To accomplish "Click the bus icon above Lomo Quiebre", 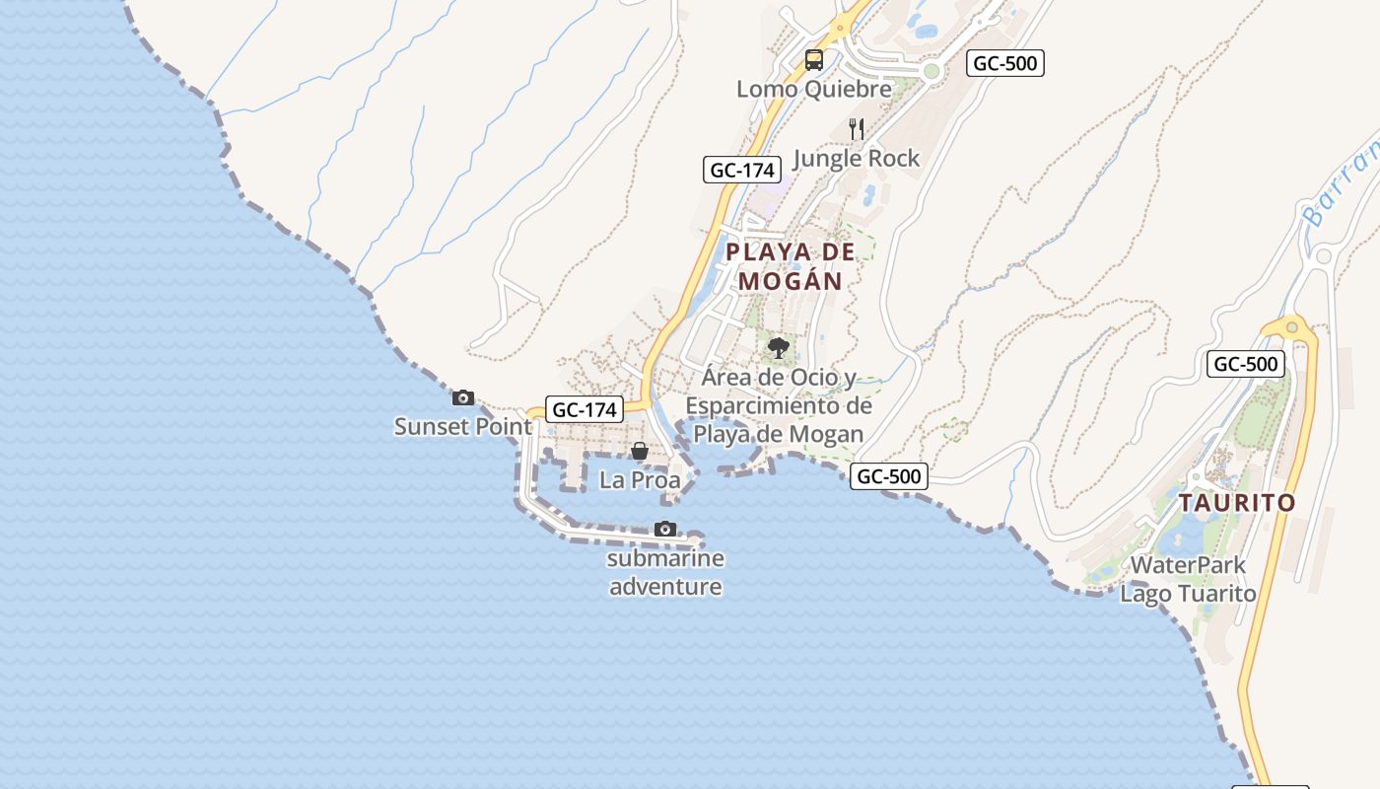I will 813,60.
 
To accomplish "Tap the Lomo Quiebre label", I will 814,89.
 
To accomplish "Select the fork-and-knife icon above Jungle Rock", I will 857,128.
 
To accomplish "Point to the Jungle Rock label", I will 856,158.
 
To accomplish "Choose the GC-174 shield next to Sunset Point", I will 586,409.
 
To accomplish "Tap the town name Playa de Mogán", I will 791,266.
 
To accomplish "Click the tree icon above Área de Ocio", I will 779,347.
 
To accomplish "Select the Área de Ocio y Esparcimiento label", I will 779,405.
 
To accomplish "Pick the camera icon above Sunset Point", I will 462,398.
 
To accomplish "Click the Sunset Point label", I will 462,427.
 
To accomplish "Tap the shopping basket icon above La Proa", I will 640,451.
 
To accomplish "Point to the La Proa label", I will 640,480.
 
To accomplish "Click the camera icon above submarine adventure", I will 665,530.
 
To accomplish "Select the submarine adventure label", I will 665,573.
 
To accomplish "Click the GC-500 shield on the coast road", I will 889,476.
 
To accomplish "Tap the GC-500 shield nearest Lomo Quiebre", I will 1004,63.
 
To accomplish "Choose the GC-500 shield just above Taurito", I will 1246,364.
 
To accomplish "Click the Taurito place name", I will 1237,503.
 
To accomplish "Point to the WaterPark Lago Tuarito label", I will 1188,580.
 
